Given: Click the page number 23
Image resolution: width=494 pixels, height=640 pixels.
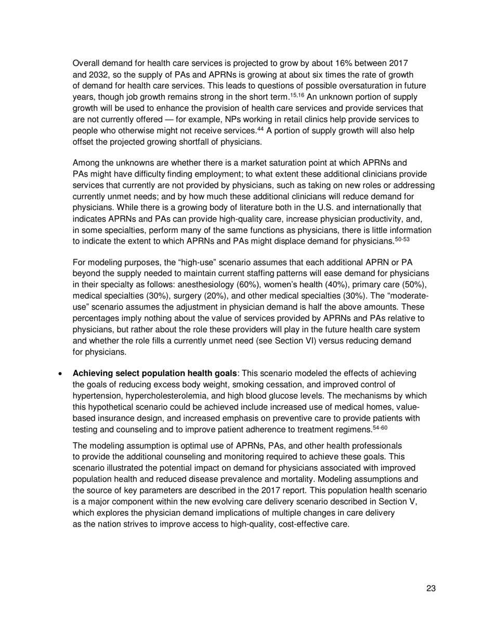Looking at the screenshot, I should point(431,588).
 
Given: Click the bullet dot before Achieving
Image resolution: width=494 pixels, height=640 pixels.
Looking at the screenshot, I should point(62,374).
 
